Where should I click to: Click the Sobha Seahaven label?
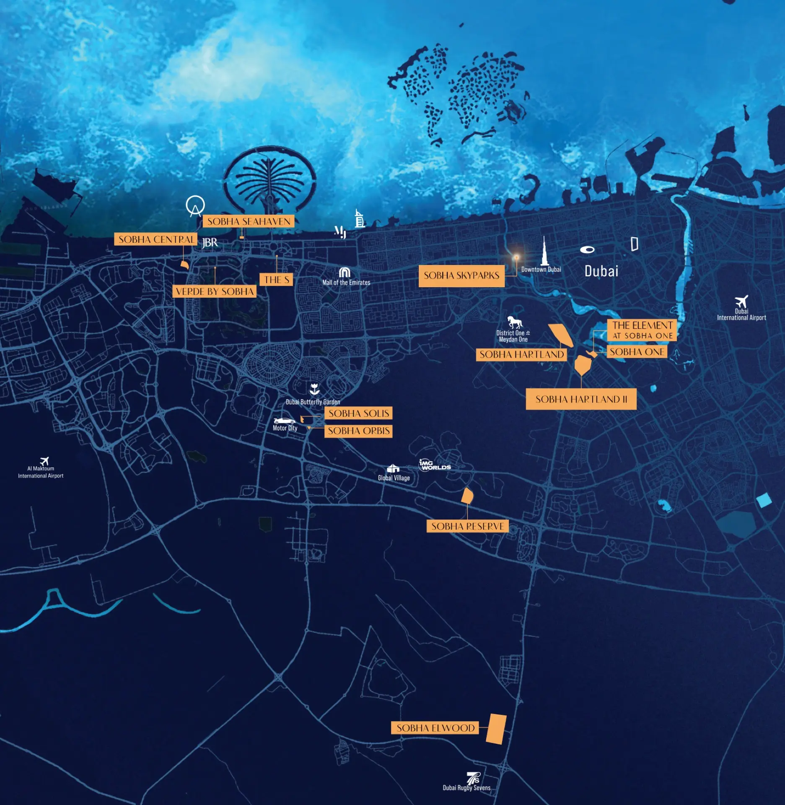(x=249, y=221)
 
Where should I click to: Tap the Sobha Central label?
(x=156, y=239)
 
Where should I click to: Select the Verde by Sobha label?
(x=215, y=291)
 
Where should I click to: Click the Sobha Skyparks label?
(x=461, y=275)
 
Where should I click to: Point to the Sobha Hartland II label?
(x=581, y=399)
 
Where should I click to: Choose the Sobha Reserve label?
(x=467, y=526)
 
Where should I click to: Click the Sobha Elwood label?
(x=435, y=728)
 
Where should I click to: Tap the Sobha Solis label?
(x=359, y=413)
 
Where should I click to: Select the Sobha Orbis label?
(x=359, y=431)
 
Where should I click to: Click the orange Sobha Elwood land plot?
(x=496, y=729)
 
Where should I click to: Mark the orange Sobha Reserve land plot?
(x=467, y=496)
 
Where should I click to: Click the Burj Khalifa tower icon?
(x=544, y=252)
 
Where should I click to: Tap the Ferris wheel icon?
(x=195, y=206)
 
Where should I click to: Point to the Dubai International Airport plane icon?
(x=741, y=301)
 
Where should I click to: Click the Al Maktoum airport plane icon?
(x=44, y=461)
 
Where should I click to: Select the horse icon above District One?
(x=515, y=322)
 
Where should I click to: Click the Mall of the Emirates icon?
(x=345, y=273)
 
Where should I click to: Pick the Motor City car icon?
(x=284, y=421)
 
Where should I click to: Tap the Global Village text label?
(x=394, y=478)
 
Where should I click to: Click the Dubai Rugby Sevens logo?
(x=473, y=779)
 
